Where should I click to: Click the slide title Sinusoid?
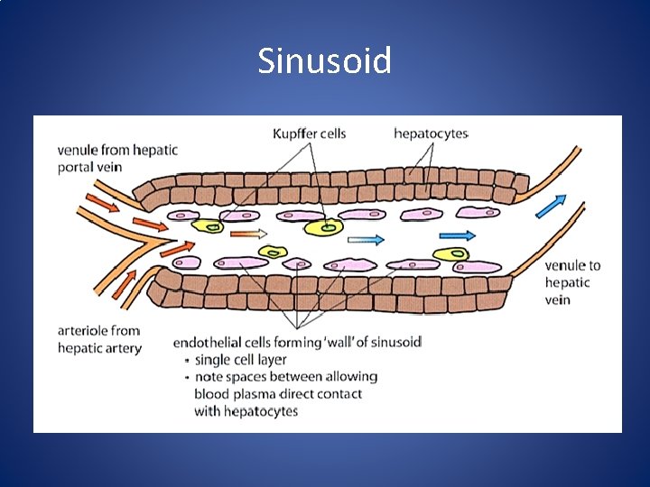click(324, 61)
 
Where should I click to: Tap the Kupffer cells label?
click(309, 133)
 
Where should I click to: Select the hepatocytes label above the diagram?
click(431, 133)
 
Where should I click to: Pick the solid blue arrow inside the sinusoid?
click(458, 234)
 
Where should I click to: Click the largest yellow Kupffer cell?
click(324, 227)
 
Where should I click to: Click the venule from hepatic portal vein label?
click(117, 159)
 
